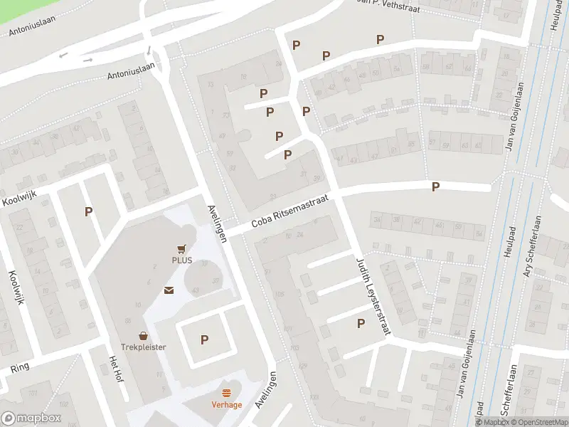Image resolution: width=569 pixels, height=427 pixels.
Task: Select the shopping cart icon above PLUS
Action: tap(181, 248)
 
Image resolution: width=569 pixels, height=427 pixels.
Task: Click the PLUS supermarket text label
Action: tap(181, 260)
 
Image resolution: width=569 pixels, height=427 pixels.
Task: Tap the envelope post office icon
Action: tap(169, 290)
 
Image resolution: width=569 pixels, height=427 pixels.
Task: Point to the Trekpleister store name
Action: tap(143, 347)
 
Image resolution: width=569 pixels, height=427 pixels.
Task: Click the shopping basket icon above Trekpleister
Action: tap(143, 335)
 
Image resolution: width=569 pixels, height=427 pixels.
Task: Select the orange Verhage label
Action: tap(226, 405)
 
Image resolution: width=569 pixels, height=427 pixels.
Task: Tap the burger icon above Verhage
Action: tap(226, 393)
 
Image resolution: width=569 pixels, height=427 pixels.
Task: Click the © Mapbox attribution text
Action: tap(493, 422)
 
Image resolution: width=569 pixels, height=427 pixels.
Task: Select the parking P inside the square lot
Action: tap(204, 340)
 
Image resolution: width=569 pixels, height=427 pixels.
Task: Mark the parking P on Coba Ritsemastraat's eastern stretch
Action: tap(436, 186)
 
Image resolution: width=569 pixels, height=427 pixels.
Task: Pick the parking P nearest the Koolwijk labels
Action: tap(88, 211)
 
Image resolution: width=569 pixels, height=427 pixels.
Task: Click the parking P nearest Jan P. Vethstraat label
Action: tap(380, 40)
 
